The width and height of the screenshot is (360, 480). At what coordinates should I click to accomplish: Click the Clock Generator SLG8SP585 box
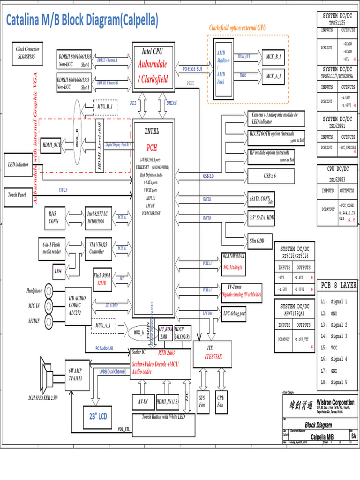pos(28,52)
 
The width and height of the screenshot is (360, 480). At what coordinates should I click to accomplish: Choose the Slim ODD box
pos(256,241)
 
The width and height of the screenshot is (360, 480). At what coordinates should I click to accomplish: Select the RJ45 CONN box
pos(54,217)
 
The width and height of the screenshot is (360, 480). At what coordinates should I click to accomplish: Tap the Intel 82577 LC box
pos(97,217)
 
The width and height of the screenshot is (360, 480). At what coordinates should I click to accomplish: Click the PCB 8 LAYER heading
pos(338,285)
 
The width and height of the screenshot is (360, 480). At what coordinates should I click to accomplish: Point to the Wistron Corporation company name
pos(335,402)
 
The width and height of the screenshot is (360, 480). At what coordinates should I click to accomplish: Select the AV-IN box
pos(142,402)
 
